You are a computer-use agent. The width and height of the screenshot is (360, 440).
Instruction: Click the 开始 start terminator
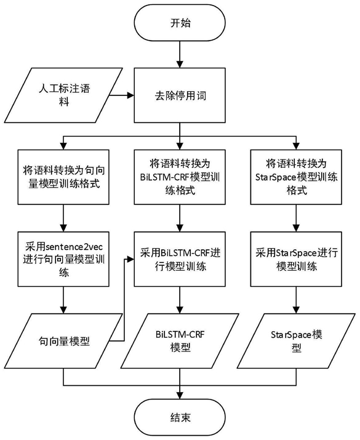(180, 22)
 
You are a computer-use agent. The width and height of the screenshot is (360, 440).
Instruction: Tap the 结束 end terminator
(180, 417)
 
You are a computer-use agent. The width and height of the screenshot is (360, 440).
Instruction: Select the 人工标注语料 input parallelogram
(63, 95)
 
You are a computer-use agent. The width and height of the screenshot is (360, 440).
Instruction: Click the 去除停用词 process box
(180, 95)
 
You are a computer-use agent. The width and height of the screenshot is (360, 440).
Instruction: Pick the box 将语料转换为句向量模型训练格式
(63, 177)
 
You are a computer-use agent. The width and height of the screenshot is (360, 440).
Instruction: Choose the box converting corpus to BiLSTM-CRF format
(180, 177)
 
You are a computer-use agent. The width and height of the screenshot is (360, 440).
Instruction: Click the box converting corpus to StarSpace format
(296, 177)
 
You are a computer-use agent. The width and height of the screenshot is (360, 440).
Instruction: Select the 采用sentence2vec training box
(63, 259)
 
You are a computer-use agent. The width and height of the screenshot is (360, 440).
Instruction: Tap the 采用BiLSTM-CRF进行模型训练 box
(180, 259)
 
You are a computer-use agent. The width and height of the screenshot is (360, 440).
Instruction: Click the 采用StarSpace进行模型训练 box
(296, 259)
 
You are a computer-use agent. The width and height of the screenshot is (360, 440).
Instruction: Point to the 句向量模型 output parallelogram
(63, 341)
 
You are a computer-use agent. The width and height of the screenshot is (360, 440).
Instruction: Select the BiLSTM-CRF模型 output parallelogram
(180, 341)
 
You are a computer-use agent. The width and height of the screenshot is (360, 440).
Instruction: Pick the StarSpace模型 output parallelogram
(296, 341)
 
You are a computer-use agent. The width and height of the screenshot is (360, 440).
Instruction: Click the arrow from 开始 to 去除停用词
(180, 54)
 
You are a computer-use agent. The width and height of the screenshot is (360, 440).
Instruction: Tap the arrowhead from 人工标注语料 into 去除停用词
(130, 95)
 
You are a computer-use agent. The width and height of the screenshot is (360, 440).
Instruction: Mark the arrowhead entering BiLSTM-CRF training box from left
(130, 259)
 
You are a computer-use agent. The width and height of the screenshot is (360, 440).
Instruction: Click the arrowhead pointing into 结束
(180, 395)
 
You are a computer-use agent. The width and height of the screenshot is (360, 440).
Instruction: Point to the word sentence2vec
(74, 247)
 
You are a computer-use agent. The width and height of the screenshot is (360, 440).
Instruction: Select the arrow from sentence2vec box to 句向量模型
(64, 300)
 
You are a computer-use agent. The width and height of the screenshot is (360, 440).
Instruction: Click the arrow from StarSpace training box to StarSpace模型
(296, 300)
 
